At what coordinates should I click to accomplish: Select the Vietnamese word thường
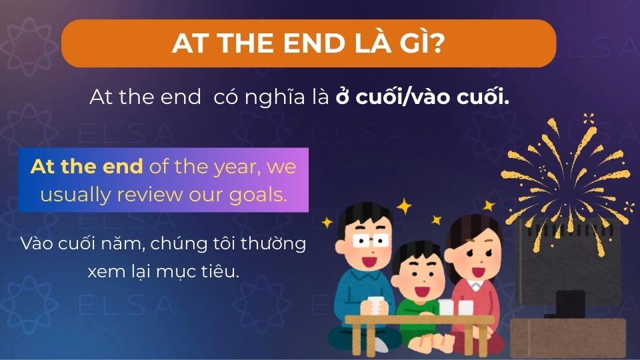[274, 244]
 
